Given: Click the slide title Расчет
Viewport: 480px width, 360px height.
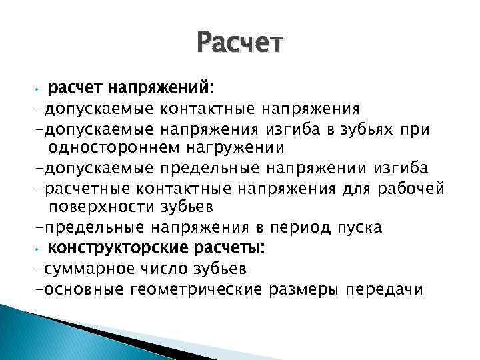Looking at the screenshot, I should pyautogui.click(x=240, y=45).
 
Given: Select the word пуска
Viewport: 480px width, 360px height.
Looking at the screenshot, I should pyautogui.click(x=361, y=228).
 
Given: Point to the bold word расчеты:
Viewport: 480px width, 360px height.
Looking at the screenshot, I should pyautogui.click(x=226, y=248).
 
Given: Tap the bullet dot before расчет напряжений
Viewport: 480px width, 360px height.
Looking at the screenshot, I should pyautogui.click(x=40, y=89).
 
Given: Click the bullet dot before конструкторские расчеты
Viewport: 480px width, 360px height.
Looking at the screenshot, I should pyautogui.click(x=40, y=249).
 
